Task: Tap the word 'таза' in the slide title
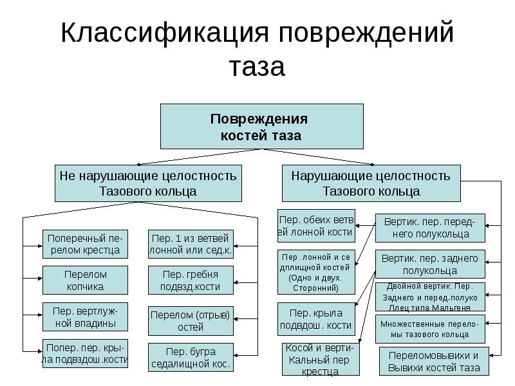click(257, 66)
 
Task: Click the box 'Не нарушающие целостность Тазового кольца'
click(148, 183)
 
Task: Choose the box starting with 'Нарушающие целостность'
click(371, 183)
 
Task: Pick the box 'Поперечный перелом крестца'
click(86, 244)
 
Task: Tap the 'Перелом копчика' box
click(86, 280)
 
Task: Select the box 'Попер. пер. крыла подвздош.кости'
click(86, 353)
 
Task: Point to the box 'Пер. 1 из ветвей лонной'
click(191, 244)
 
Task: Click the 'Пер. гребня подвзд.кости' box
click(191, 280)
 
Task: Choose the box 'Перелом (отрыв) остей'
click(191, 320)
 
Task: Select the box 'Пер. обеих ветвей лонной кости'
click(316, 225)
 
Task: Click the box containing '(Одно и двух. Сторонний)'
click(316, 271)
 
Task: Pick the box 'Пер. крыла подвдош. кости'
click(316, 318)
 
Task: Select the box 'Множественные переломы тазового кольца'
click(429, 329)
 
